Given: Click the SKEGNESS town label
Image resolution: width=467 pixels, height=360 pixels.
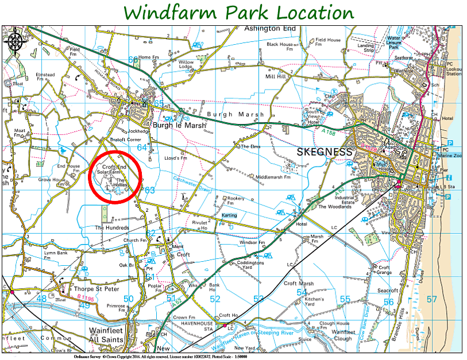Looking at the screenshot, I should [x=324, y=152].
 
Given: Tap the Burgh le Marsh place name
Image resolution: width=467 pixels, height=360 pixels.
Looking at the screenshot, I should [x=175, y=124].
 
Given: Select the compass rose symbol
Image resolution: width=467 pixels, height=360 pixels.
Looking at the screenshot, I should [x=16, y=41].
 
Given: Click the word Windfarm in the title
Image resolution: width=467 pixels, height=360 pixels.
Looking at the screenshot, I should [x=168, y=12].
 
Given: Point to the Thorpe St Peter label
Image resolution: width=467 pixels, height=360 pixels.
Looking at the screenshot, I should [x=88, y=289].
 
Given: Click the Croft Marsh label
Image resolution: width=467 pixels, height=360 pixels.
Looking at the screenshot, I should [x=299, y=283].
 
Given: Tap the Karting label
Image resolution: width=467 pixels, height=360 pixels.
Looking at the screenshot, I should [x=229, y=215].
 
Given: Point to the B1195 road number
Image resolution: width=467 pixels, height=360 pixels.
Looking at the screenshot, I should [x=85, y=297].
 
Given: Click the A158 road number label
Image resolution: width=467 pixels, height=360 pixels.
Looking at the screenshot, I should [x=329, y=133].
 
